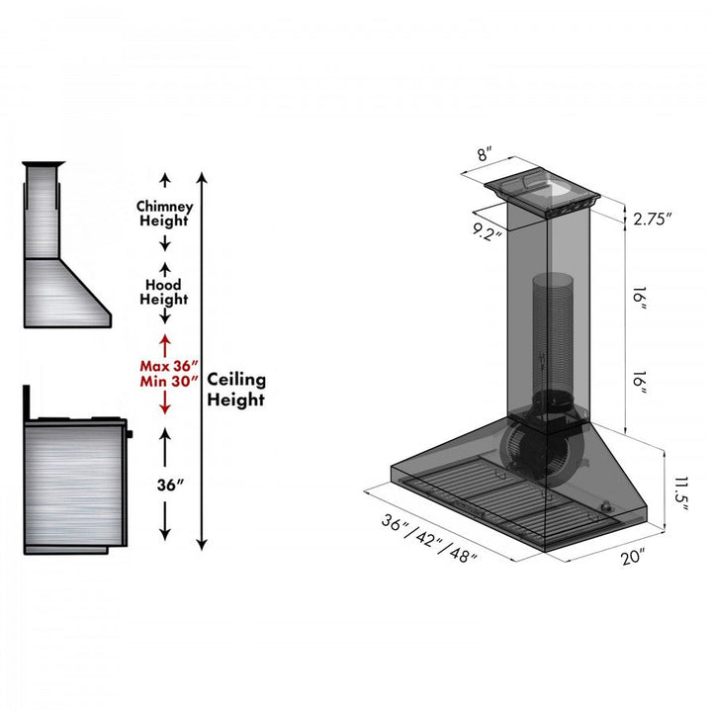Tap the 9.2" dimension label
[x=487, y=233]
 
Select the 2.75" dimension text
[x=653, y=218]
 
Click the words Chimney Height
[x=165, y=214]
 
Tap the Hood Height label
[x=164, y=292]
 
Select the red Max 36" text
[x=165, y=366]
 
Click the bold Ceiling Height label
[x=235, y=390]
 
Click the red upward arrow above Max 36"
[x=165, y=343]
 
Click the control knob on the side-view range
[x=129, y=432]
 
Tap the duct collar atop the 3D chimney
[x=544, y=187]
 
